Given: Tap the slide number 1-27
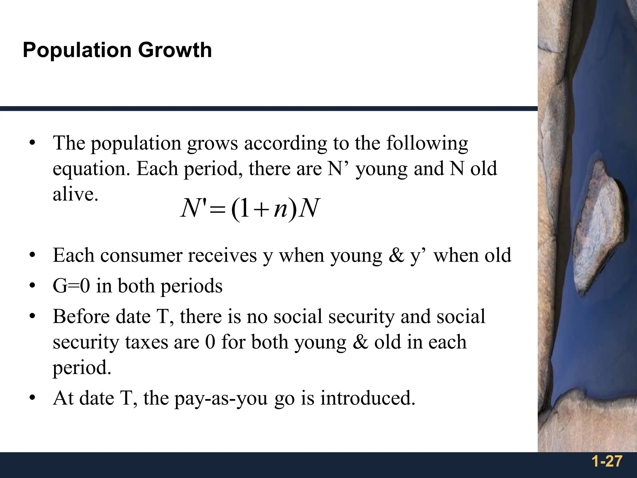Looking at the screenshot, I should [607, 461].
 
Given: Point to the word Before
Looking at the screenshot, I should [81, 316].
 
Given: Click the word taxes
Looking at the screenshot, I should [147, 342].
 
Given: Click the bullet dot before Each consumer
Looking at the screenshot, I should [32, 256].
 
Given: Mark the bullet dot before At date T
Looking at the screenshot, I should [32, 398].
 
